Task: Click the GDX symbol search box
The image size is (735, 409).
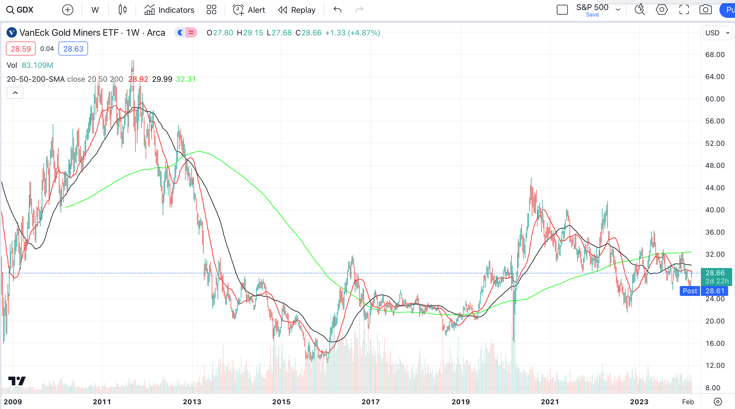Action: click(x=20, y=10)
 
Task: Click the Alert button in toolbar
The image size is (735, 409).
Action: click(x=249, y=10)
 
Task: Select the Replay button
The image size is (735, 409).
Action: click(x=297, y=10)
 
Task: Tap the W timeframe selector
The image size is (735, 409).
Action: click(x=95, y=10)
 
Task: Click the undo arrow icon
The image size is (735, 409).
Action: click(x=337, y=10)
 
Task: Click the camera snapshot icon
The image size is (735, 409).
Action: click(x=705, y=10)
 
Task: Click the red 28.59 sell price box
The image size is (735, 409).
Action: click(x=21, y=49)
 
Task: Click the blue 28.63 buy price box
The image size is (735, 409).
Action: click(x=73, y=49)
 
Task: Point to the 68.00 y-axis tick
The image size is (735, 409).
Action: click(x=715, y=55)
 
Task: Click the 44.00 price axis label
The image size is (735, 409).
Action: click(x=715, y=188)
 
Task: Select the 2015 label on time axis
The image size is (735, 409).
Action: click(x=281, y=402)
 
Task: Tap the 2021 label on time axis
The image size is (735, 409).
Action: click(x=550, y=402)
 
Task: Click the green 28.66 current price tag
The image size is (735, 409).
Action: click(x=715, y=273)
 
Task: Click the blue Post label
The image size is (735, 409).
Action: click(x=690, y=291)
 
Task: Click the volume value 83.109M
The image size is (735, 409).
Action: click(x=37, y=65)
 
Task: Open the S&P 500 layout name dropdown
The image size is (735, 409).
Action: click(x=618, y=10)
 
